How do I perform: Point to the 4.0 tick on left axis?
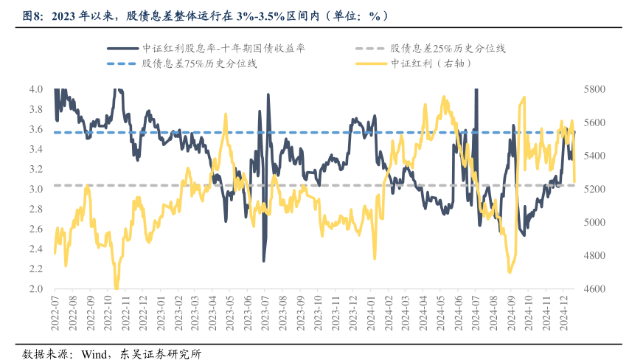pyautogui.click(x=36, y=89)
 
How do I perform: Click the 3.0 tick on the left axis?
pyautogui.click(x=36, y=190)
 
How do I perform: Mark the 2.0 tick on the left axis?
pyautogui.click(x=36, y=289)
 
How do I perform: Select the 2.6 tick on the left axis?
pyautogui.click(x=36, y=229)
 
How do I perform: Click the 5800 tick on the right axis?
pyautogui.click(x=594, y=89)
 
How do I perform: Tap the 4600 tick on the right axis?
pyautogui.click(x=594, y=289)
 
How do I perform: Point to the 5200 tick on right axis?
pyautogui.click(x=594, y=190)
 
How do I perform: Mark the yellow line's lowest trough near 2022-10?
pyautogui.click(x=117, y=288)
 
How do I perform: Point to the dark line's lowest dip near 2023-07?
pyautogui.click(x=264, y=260)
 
